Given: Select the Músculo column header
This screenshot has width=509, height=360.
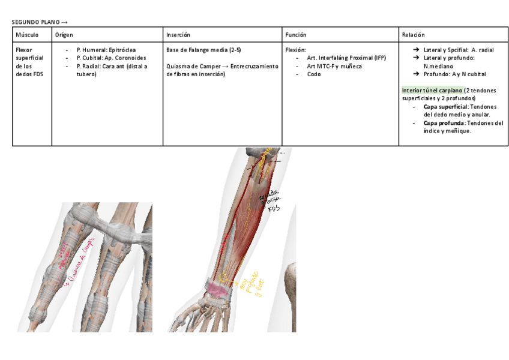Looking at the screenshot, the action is point(28,35).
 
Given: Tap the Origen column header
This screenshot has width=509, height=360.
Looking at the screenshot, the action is point(64,35).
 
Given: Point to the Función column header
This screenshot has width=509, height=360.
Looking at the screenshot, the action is point(296,35).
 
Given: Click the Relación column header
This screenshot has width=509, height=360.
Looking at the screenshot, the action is point(414,35).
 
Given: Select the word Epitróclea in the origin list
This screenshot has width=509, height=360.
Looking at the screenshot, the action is point(122,50).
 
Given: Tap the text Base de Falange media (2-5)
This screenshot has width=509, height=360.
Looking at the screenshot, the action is point(203,50).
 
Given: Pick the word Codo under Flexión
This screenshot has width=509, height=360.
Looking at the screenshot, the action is point(313,74).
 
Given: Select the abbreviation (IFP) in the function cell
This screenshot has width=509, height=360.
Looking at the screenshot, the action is point(380,58).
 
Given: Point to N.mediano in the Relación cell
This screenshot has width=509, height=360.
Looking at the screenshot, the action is point(438,66).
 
